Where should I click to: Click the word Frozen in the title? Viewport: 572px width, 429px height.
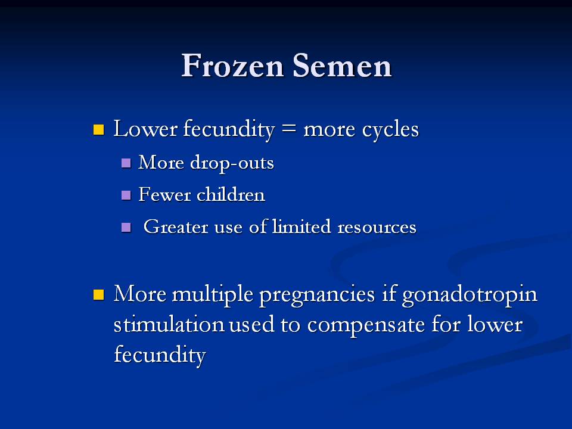[233, 66]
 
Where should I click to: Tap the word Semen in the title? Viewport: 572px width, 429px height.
[342, 66]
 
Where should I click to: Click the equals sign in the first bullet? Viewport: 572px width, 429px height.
[289, 129]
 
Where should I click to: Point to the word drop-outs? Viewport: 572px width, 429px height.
[232, 163]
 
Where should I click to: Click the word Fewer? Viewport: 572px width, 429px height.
[164, 194]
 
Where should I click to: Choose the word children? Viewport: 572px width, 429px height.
[231, 194]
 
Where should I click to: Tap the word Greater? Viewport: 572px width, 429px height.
[176, 226]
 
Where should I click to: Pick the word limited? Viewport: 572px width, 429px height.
[301, 226]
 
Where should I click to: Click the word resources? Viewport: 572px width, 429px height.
[377, 227]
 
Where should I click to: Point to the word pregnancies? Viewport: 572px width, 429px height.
[317, 295]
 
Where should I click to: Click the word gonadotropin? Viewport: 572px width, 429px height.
[470, 295]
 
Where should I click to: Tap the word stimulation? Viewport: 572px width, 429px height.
[169, 325]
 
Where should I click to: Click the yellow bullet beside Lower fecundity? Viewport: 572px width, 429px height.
[98, 129]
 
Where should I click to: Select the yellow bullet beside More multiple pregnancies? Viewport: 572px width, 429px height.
[98, 294]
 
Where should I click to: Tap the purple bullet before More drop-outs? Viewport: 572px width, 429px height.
[126, 163]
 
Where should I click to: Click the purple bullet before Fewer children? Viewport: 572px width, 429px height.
[126, 195]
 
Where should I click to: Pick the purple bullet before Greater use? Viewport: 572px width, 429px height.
[126, 228]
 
